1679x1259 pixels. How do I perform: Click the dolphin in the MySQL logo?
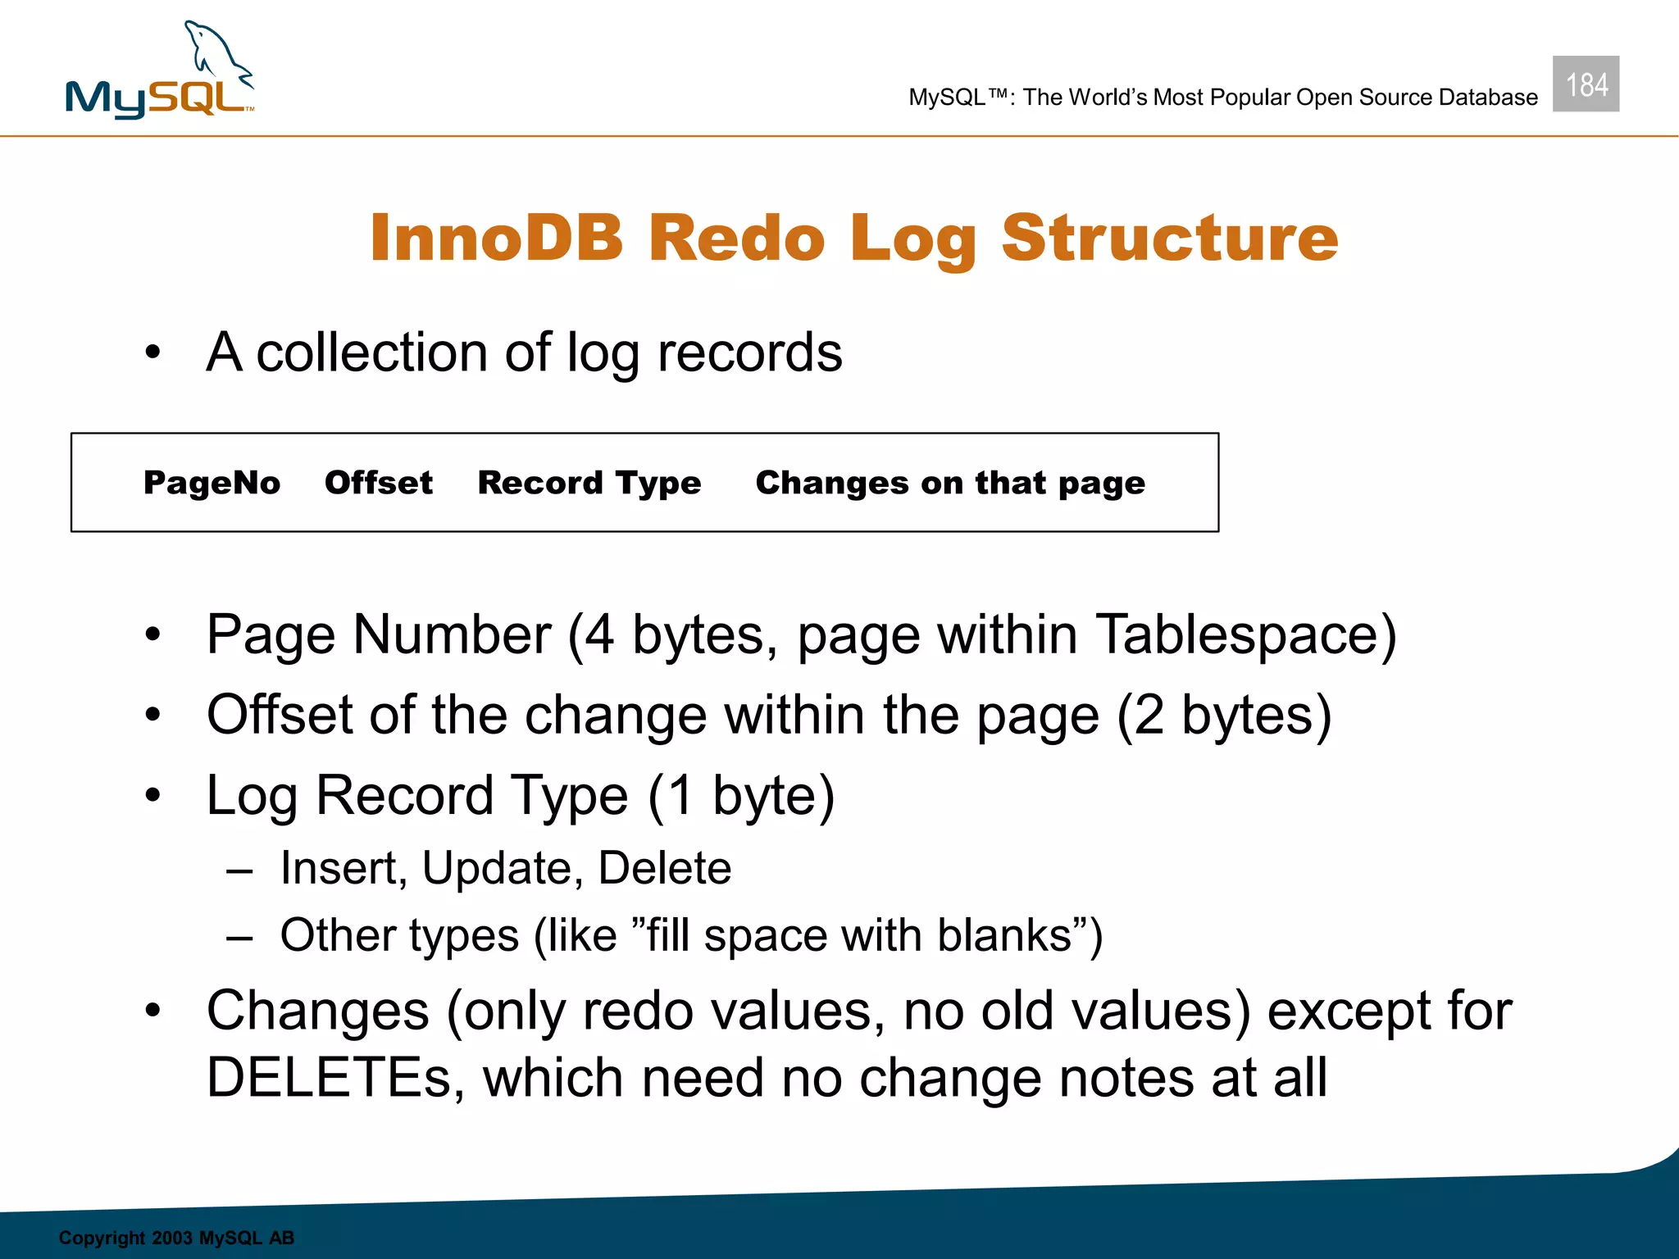tap(215, 54)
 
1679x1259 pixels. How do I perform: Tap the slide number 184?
tap(1586, 84)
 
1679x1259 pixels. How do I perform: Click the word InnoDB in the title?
tap(496, 238)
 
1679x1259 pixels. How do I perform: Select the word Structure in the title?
tap(1169, 238)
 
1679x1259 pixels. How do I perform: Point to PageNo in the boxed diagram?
tap(212, 483)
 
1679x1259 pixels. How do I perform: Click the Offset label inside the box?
tap(379, 483)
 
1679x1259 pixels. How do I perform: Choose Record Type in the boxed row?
tap(589, 483)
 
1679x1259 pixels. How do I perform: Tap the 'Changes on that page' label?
tap(950, 483)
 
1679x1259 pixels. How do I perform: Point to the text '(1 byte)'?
tap(741, 796)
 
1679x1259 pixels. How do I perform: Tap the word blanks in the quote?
tap(1004, 935)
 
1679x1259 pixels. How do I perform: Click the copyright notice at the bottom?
tap(176, 1238)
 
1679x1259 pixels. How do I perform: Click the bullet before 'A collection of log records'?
tap(152, 353)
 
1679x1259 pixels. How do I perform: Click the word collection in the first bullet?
tap(373, 353)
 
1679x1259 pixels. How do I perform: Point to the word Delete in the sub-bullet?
tap(665, 868)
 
